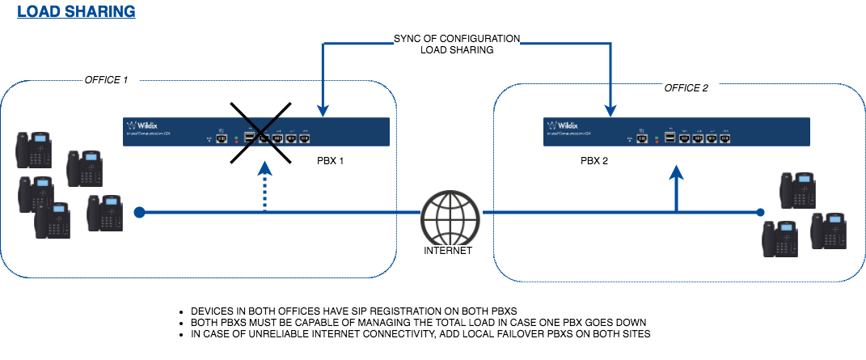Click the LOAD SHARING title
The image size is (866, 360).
click(76, 12)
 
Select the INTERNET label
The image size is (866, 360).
click(447, 251)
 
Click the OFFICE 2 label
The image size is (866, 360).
click(686, 87)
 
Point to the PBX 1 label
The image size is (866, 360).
click(331, 161)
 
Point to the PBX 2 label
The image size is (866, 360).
click(594, 161)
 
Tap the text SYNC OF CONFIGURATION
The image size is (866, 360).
click(457, 38)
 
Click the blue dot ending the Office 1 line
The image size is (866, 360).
click(139, 213)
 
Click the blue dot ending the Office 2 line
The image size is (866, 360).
click(760, 213)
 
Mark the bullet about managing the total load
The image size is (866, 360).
click(418, 322)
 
